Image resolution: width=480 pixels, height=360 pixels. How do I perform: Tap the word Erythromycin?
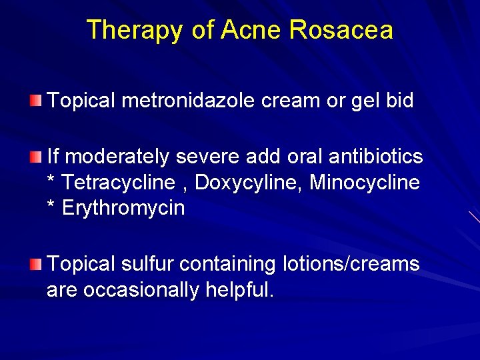pyautogui.click(x=123, y=208)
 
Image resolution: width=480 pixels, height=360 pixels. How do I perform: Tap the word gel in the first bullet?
pyautogui.click(x=361, y=101)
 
